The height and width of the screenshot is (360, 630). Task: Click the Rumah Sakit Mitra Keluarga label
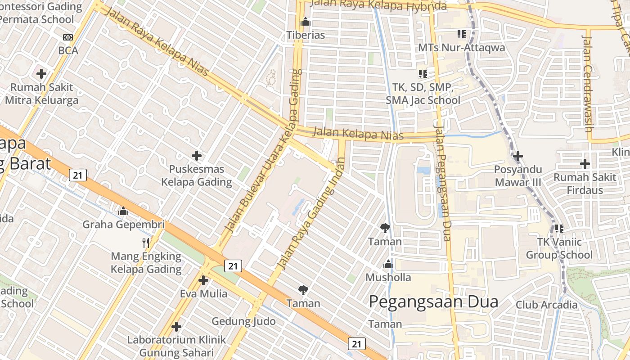(41, 94)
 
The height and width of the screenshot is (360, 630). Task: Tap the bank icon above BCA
(68, 37)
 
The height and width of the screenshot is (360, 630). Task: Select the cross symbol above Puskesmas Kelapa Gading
(197, 156)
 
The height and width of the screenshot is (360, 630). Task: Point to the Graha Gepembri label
(123, 224)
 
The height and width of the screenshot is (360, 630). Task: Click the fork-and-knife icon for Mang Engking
(146, 243)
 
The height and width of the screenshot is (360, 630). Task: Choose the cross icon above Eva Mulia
(203, 280)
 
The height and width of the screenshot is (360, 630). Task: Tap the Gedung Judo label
(243, 321)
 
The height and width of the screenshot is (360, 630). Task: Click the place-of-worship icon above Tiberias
(306, 22)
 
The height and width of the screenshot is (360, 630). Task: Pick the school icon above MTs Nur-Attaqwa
(461, 34)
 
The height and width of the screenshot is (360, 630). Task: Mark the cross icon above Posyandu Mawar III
(518, 156)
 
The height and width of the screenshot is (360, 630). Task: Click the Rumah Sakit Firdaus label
(585, 184)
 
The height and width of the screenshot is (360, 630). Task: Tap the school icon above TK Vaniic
(559, 229)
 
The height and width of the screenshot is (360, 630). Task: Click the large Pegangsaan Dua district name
(433, 301)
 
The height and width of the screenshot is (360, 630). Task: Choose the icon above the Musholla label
(388, 264)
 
